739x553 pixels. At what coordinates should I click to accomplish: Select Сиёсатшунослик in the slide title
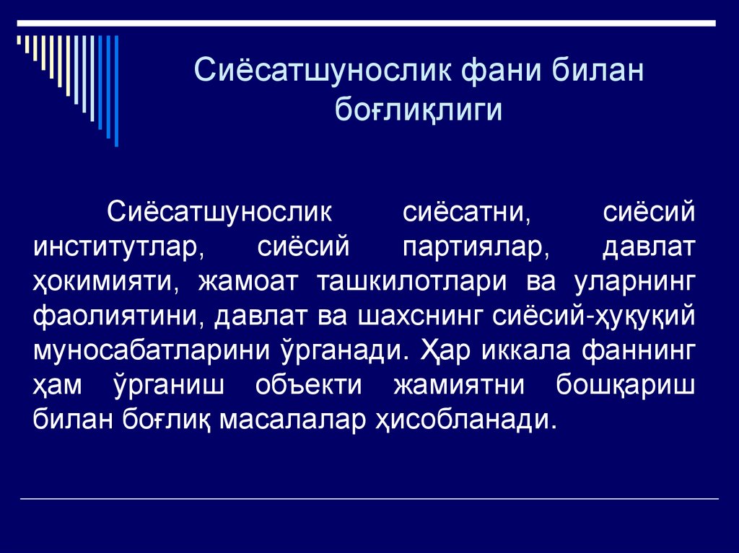(325, 73)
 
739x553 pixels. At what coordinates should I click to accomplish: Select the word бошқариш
(626, 385)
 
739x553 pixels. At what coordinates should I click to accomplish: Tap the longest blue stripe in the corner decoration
(116, 90)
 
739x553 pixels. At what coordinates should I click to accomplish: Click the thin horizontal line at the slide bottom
(369, 499)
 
